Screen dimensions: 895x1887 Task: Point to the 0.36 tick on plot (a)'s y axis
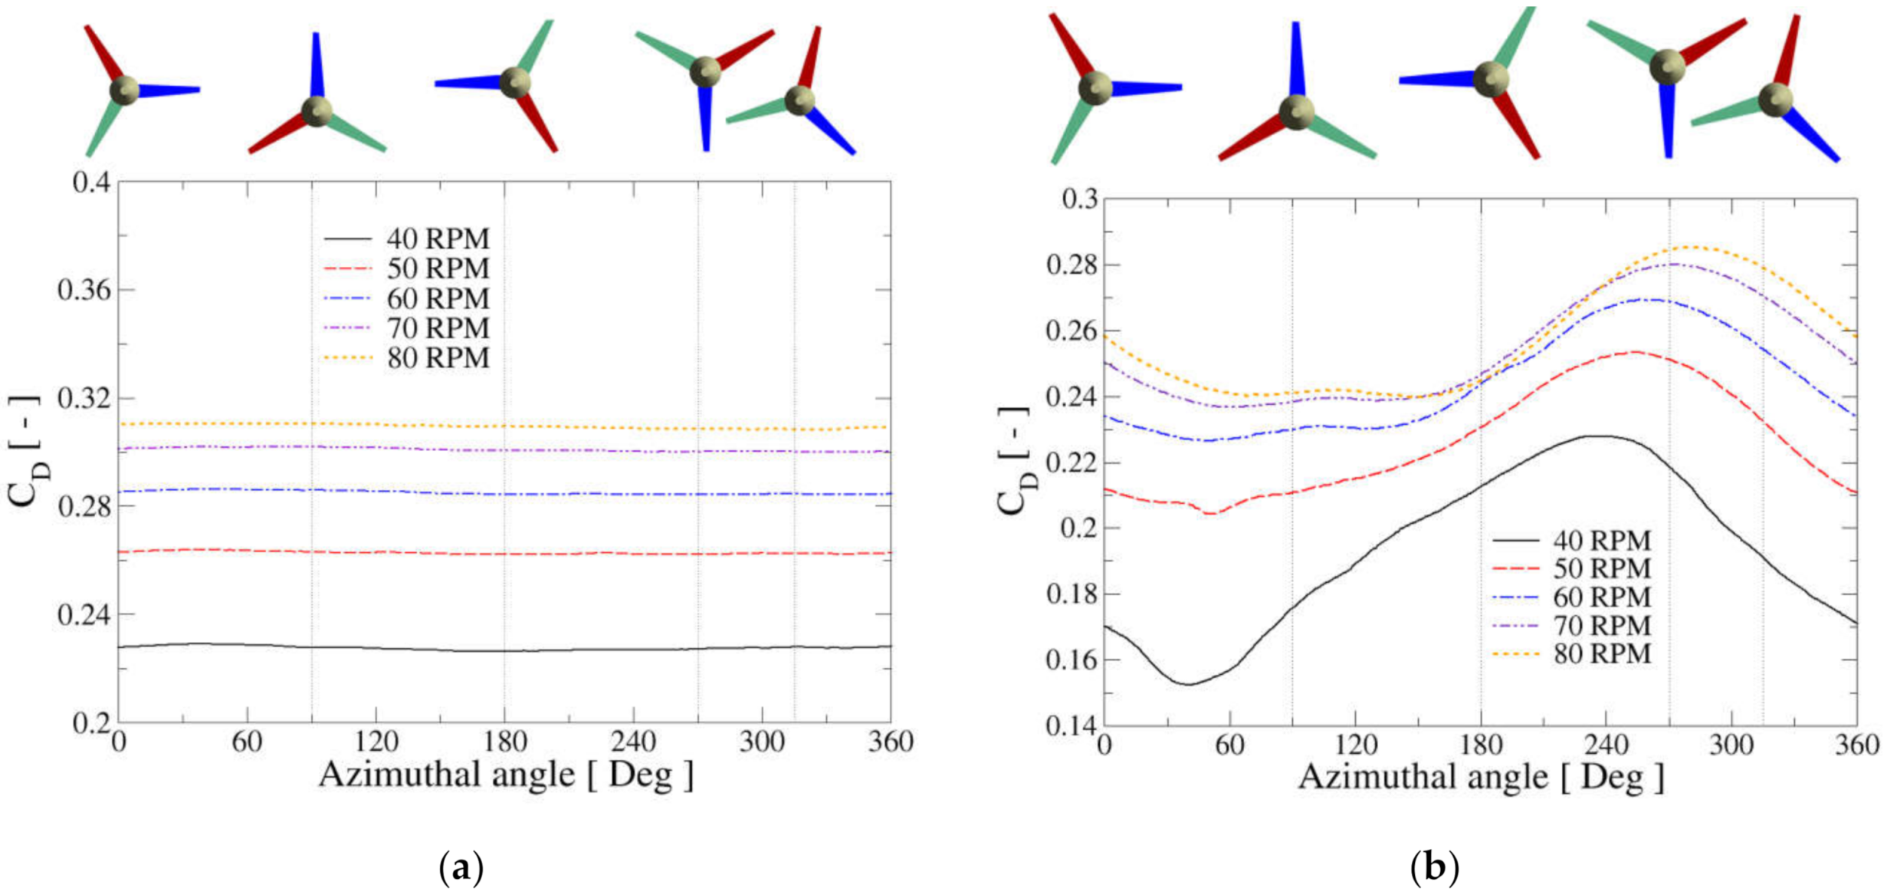(84, 291)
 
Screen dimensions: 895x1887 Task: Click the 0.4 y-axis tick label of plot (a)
(91, 183)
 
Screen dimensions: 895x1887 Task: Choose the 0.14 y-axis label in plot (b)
(1071, 726)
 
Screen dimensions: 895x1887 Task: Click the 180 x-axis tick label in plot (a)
(505, 742)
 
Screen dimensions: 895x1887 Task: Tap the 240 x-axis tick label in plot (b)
(1606, 745)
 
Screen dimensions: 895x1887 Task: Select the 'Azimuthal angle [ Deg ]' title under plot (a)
(506, 775)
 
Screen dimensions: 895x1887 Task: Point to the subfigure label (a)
(461, 868)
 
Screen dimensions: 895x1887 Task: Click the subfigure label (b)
(1434, 868)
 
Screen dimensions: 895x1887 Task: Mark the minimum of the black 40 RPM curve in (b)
(1190, 684)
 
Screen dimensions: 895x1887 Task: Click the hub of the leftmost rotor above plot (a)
(124, 90)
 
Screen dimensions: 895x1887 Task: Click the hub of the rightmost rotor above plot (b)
(1775, 100)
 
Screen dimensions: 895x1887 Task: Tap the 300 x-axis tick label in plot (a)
(762, 742)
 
